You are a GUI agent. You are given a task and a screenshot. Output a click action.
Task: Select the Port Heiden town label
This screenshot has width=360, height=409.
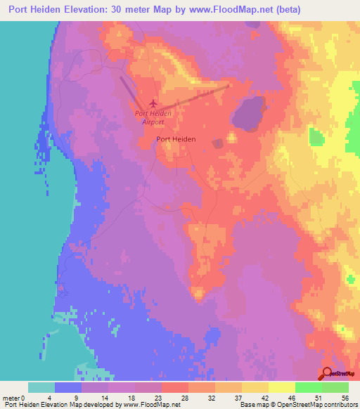coord(176,139)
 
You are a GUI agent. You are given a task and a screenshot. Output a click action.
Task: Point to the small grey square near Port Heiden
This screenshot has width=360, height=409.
coord(218,143)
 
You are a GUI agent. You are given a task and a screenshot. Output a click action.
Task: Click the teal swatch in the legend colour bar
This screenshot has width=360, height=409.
coord(41,387)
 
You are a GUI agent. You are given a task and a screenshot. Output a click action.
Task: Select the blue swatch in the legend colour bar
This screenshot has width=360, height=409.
coord(68,387)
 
